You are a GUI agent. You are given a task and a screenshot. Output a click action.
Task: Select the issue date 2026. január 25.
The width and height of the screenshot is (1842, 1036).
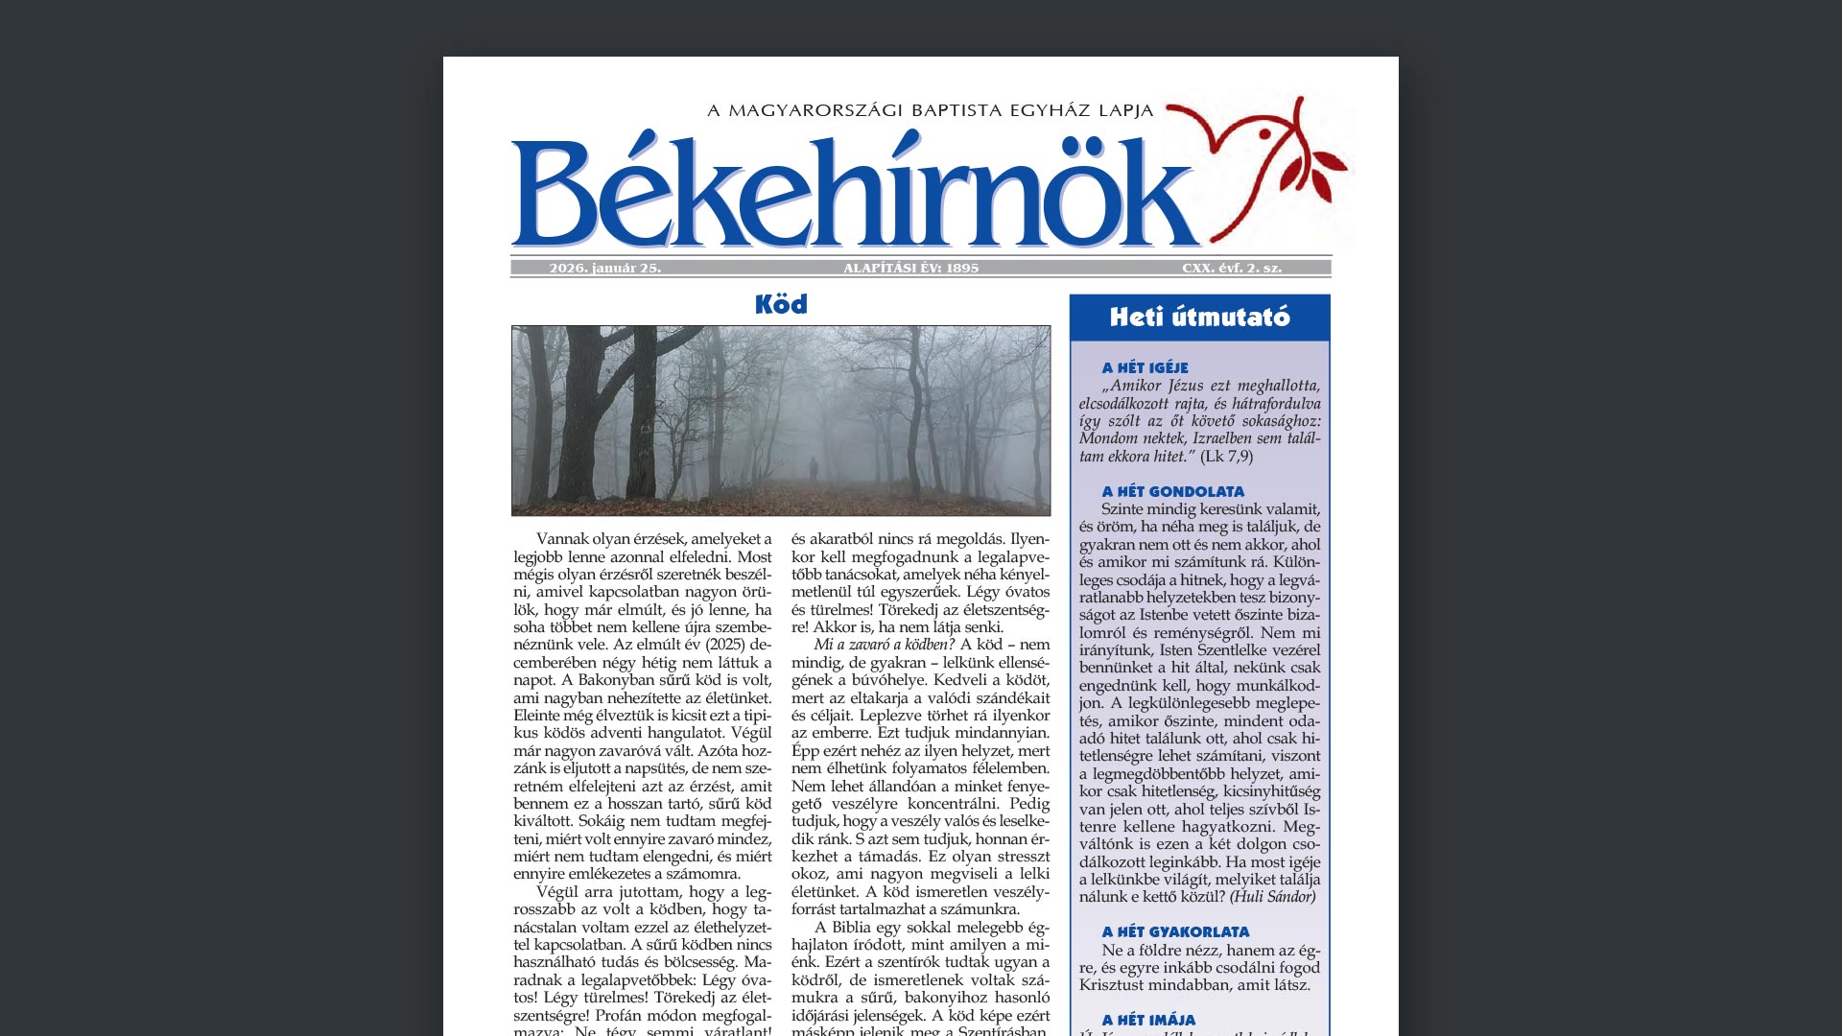604,269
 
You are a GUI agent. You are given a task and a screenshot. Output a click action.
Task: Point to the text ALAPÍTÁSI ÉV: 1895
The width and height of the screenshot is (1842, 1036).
910,269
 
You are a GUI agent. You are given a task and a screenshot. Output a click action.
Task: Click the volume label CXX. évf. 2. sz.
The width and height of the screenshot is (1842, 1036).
1231,269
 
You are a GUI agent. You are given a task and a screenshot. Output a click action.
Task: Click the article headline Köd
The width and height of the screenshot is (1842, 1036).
781,305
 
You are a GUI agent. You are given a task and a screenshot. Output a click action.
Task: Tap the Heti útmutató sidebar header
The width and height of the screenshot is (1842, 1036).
1199,318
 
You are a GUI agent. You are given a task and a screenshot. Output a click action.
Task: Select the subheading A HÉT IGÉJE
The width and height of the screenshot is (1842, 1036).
1145,367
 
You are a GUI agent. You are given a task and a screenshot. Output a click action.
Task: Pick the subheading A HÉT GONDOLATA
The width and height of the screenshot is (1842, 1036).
1172,491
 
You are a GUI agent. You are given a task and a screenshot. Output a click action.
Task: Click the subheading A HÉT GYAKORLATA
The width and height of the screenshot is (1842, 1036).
1175,931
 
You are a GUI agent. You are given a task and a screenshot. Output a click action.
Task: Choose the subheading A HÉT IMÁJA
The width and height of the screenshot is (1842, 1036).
1148,1020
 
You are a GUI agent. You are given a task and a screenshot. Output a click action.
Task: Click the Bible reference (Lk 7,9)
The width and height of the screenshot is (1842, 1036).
1226,457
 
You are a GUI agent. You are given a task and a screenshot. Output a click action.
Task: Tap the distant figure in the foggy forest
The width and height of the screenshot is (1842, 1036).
813,470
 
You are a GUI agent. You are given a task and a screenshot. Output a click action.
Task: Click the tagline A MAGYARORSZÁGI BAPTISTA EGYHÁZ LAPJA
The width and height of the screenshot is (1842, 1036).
930,110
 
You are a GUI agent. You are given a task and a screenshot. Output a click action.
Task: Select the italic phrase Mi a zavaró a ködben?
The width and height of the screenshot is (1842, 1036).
884,645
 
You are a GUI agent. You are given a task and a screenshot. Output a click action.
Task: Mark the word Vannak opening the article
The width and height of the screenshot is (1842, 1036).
562,539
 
